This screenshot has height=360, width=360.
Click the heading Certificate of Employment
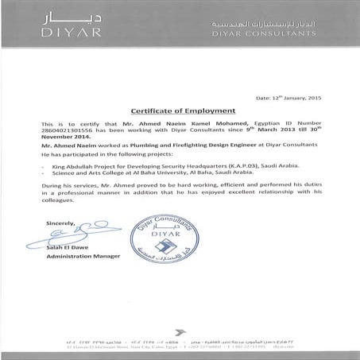tap(180, 114)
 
